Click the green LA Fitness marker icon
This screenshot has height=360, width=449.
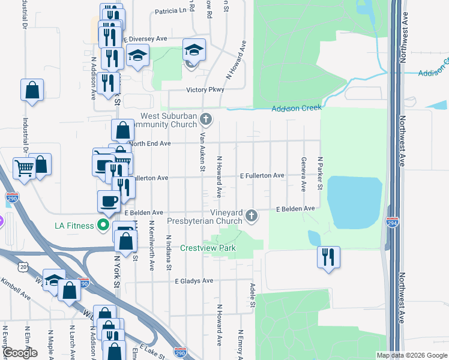pos(103,226)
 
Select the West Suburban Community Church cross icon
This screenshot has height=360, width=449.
pos(206,119)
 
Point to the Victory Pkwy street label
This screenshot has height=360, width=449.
pos(205,89)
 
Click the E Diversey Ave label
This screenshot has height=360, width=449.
pos(145,38)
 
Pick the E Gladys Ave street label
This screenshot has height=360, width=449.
pos(194,280)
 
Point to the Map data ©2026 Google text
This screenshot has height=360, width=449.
pos(411,355)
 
